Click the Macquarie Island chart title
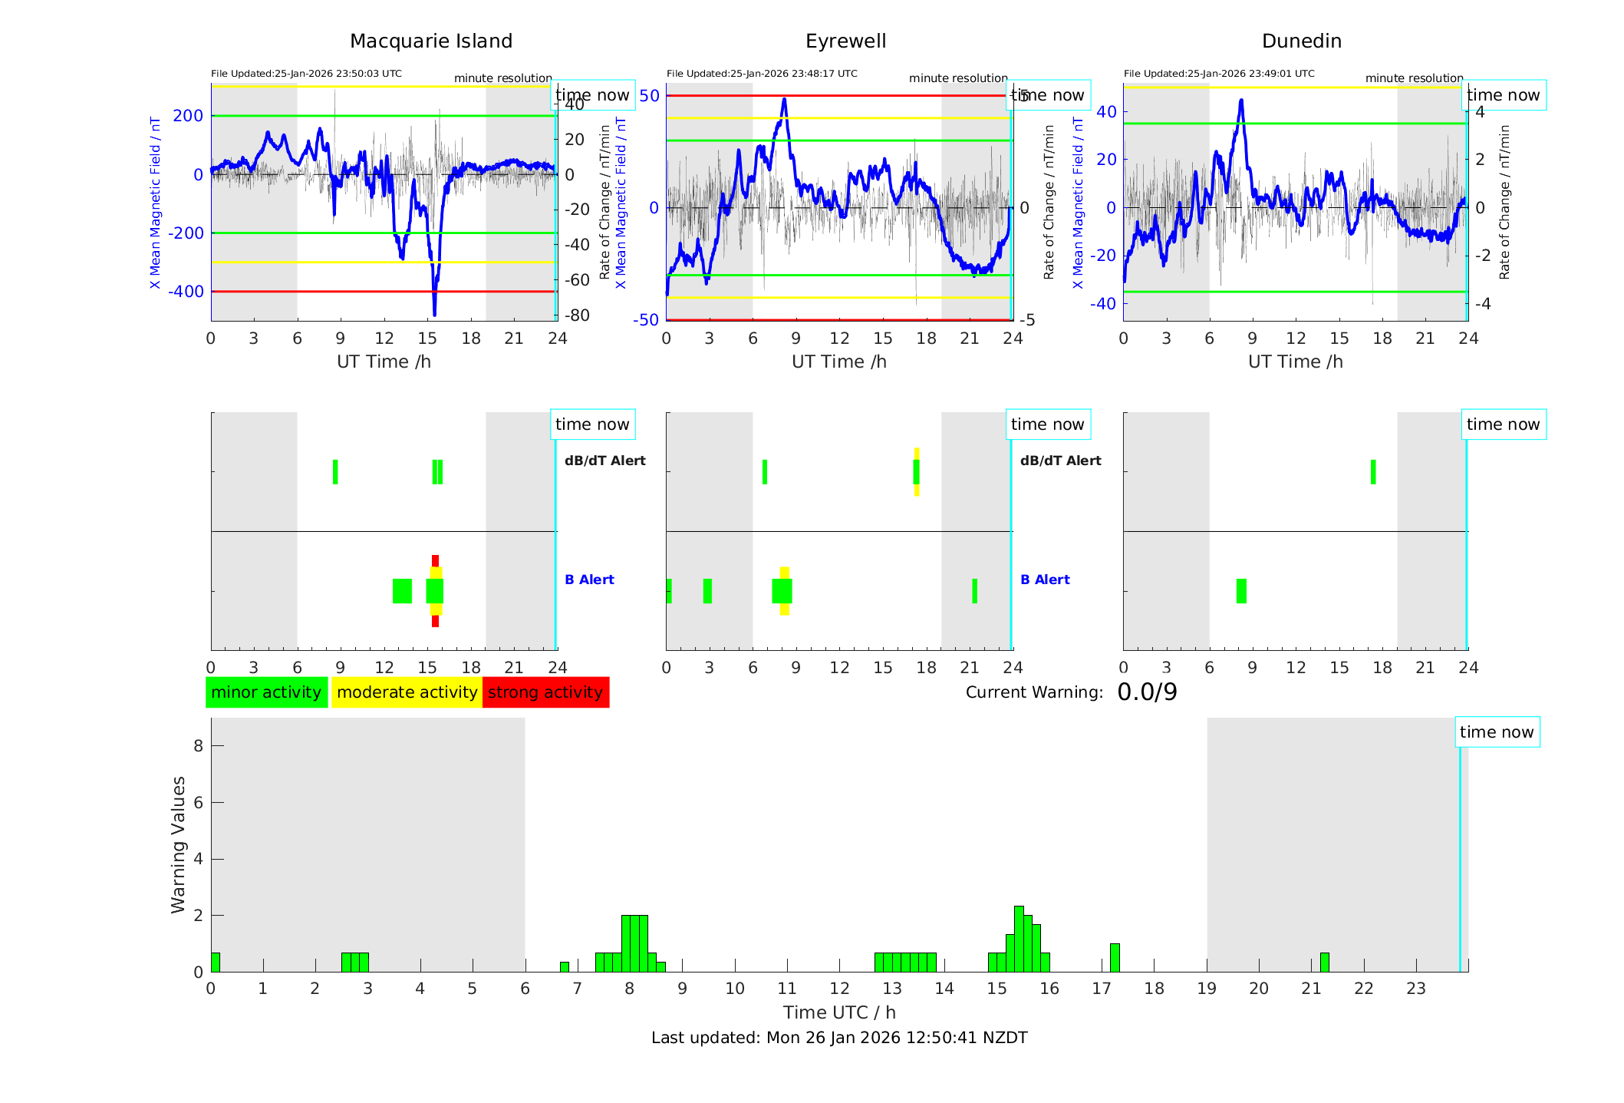tap(430, 41)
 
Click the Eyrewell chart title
tap(845, 41)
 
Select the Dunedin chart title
tap(1301, 41)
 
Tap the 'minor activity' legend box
tap(266, 692)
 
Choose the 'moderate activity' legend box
tap(407, 692)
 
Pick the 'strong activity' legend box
tap(545, 692)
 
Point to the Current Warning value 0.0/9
tap(1147, 692)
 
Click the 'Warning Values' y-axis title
tap(179, 844)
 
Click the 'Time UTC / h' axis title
tap(839, 1012)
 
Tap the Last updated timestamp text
tap(839, 1038)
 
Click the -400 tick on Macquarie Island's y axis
tap(187, 292)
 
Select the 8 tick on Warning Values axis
tap(198, 745)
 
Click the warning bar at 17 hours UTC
tap(1115, 958)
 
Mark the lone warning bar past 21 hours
tap(1324, 963)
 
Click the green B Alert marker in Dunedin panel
tap(1241, 591)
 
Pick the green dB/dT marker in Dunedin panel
tap(1373, 472)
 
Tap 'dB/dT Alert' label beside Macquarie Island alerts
tap(604, 461)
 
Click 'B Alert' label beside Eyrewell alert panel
tap(1045, 580)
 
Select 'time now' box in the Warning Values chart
tap(1497, 732)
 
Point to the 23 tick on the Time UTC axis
tap(1416, 989)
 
